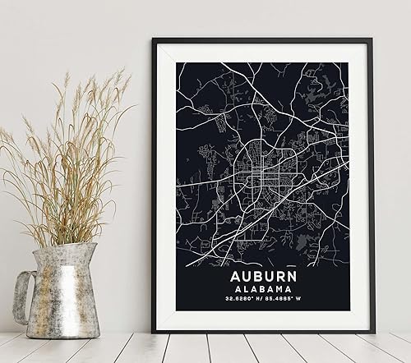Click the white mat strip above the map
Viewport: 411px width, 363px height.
[264, 52]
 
